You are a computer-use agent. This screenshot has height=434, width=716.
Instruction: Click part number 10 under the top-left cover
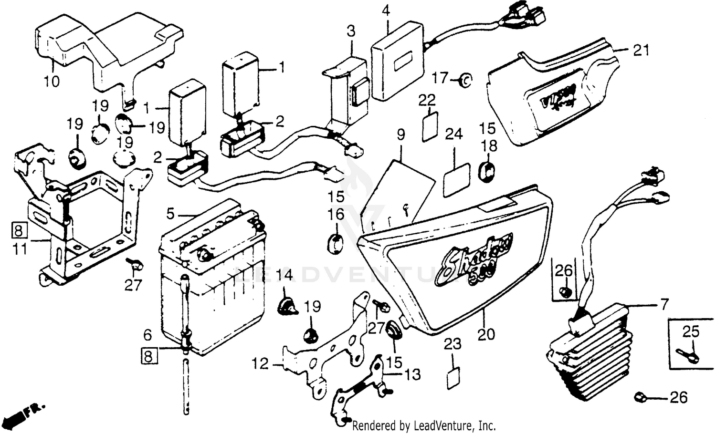(52, 81)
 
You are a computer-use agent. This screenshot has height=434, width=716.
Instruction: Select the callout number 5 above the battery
(171, 212)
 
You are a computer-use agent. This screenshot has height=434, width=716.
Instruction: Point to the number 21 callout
(641, 50)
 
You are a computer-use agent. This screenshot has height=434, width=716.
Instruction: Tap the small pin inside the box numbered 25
(687, 355)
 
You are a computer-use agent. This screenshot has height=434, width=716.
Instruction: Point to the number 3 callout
(351, 32)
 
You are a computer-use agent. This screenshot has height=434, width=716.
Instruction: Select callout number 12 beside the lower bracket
(261, 365)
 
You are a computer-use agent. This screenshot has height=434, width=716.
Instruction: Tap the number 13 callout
(413, 374)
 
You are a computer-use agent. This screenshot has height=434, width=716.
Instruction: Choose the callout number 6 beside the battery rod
(148, 334)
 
